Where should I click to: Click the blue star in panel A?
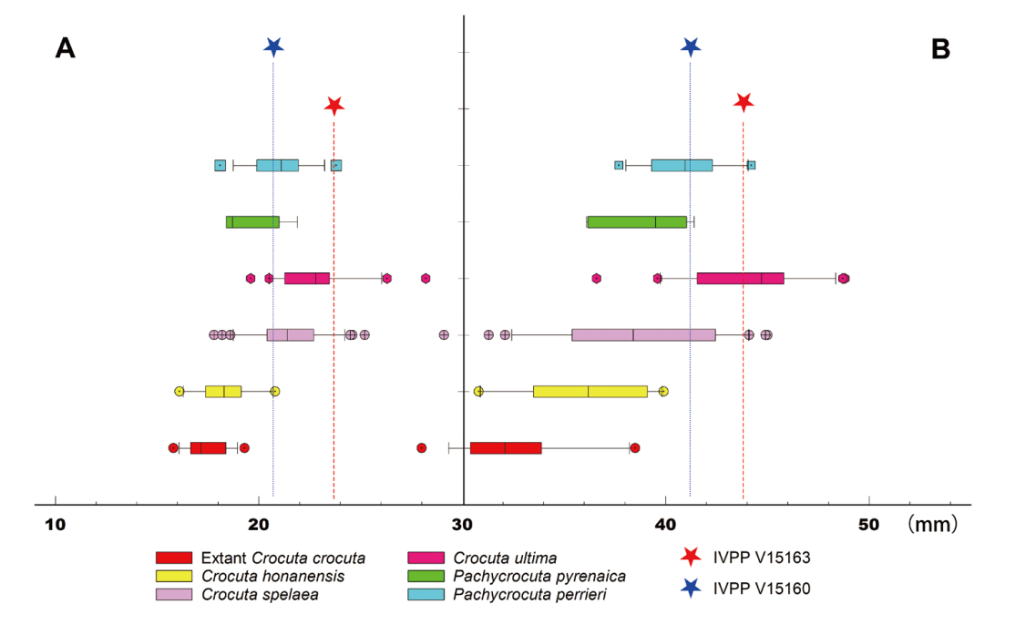(272, 46)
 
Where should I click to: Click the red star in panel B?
(744, 102)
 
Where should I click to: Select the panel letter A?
(65, 48)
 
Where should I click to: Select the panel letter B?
(940, 50)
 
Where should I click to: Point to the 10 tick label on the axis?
(56, 525)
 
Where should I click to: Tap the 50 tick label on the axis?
(868, 525)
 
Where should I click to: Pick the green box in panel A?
(252, 221)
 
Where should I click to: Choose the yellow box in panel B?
(590, 391)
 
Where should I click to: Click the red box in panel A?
(208, 447)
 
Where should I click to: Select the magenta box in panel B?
(740, 278)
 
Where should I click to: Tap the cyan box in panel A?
(277, 165)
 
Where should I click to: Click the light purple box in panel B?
(643, 334)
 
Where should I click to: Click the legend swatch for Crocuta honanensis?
(174, 576)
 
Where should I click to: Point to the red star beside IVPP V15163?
(692, 557)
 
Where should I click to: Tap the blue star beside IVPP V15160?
(692, 589)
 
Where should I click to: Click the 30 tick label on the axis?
(463, 525)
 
